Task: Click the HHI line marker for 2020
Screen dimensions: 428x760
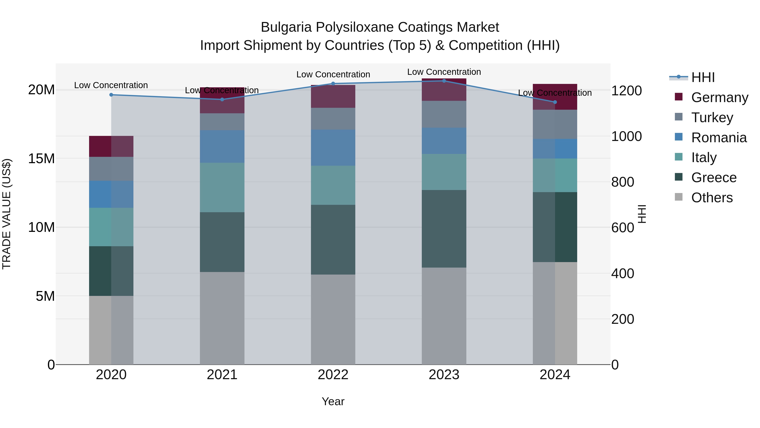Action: tap(111, 95)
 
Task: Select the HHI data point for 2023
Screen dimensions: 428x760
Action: tap(444, 81)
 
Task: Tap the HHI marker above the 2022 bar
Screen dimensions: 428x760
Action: tap(333, 83)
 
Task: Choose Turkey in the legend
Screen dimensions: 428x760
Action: tap(712, 118)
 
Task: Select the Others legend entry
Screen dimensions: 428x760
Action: tap(712, 198)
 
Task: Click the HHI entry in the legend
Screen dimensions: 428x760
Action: tap(703, 77)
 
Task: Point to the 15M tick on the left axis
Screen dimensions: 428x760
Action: tap(41, 159)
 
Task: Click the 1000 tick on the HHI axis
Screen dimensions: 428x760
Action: tap(626, 137)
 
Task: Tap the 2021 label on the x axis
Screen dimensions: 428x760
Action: tap(222, 375)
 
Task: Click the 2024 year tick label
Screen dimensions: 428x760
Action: tap(555, 375)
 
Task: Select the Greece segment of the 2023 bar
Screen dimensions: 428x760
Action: tap(444, 229)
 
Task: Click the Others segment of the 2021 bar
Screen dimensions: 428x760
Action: tap(222, 318)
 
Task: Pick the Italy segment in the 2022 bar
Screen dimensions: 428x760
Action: tap(333, 185)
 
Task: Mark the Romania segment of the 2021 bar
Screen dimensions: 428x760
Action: tap(222, 146)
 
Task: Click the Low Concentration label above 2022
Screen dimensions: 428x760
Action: tap(333, 74)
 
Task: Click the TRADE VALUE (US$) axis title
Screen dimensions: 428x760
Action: tap(7, 214)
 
